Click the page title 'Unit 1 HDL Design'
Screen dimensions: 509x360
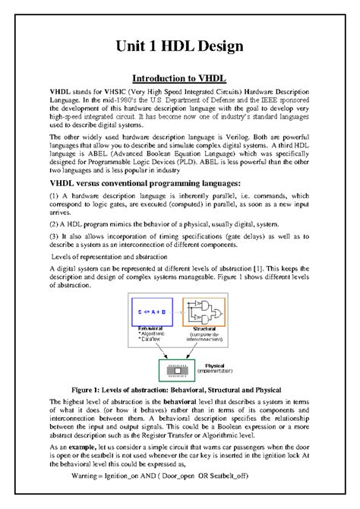click(179, 47)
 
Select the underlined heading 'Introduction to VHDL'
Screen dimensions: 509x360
click(179, 77)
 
